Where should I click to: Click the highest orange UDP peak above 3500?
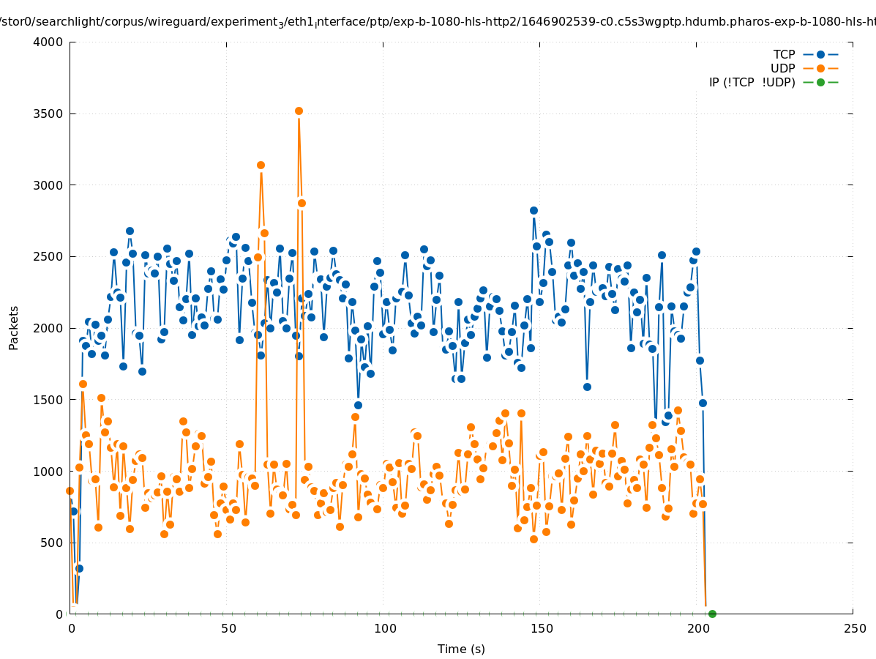click(x=299, y=111)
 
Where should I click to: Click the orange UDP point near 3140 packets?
click(x=261, y=165)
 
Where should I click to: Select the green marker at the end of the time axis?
click(x=712, y=614)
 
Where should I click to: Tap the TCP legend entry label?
click(x=784, y=54)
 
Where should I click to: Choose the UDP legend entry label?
click(x=782, y=68)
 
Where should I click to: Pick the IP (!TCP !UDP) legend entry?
click(x=752, y=82)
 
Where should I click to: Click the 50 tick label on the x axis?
click(x=228, y=628)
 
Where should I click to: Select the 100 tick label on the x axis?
click(x=384, y=628)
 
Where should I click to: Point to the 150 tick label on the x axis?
click(x=541, y=628)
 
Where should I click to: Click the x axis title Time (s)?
click(x=461, y=649)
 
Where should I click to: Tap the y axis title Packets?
click(x=14, y=327)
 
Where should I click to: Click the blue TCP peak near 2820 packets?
click(x=534, y=210)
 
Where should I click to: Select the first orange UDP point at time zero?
click(x=70, y=491)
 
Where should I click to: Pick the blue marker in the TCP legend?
click(x=820, y=54)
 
